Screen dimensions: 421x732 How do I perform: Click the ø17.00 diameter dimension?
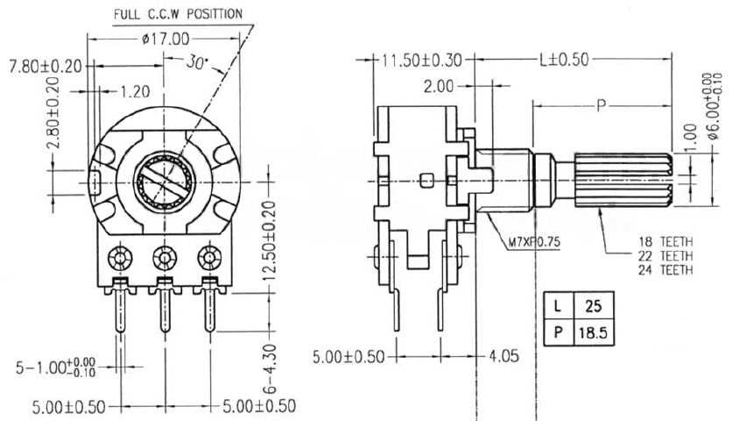pyautogui.click(x=165, y=38)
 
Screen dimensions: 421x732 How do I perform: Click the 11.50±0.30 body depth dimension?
pyautogui.click(x=421, y=60)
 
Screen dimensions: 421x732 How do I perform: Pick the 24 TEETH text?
pyautogui.click(x=663, y=270)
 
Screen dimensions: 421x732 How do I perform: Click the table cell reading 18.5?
pyautogui.click(x=593, y=333)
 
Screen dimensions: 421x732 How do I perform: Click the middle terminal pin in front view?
pyautogui.click(x=164, y=307)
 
